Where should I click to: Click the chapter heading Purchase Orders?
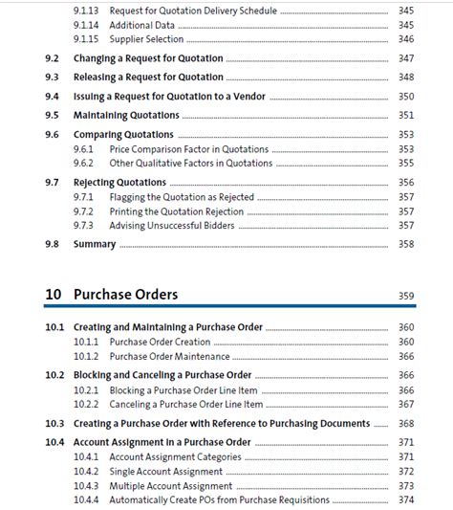[x=125, y=294]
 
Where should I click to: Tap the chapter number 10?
[x=54, y=294]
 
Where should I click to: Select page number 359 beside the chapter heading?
[x=406, y=296]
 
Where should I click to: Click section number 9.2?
[x=53, y=58]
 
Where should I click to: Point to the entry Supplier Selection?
[x=155, y=39]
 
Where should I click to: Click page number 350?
[x=406, y=97]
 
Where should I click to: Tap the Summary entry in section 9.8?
[x=95, y=244]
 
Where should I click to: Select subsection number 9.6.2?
[x=83, y=164]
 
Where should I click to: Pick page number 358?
[x=406, y=244]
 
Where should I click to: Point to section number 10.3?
[x=54, y=423]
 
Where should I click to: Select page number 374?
[x=406, y=499]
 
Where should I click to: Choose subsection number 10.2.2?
[x=87, y=404]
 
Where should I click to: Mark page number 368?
[x=406, y=423]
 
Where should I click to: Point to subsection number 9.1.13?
[x=86, y=10]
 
